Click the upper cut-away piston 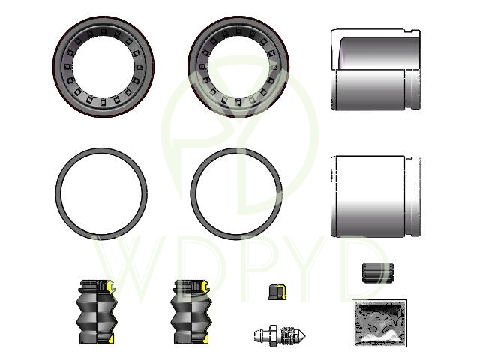[x=376, y=70]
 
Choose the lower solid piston [x=376, y=196]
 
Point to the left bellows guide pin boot [x=97, y=311]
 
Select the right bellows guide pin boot [x=191, y=311]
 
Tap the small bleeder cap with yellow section [x=277, y=292]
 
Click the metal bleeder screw [x=280, y=335]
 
